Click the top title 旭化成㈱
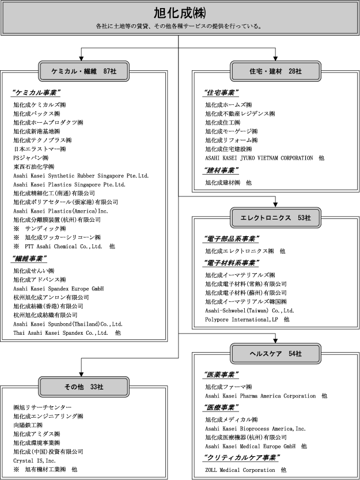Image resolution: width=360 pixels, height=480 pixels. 180,13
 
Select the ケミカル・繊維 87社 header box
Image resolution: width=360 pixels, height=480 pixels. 81,70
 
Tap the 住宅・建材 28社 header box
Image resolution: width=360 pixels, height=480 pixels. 275,70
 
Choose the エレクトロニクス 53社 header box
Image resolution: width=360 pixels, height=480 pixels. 275,217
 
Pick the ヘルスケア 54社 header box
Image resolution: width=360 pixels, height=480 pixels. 275,353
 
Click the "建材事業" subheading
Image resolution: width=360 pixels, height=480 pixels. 221,170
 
